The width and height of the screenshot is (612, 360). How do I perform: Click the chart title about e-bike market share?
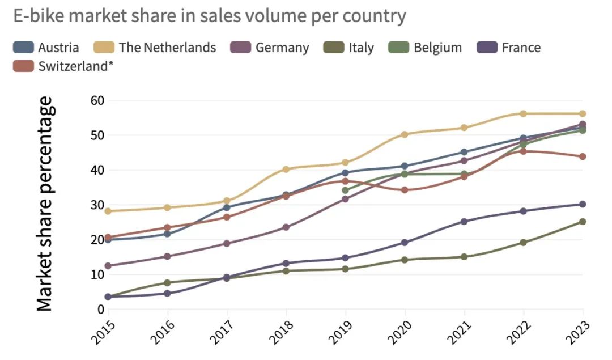210,16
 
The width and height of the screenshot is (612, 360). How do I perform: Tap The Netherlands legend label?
167,47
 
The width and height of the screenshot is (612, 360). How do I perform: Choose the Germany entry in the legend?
282,47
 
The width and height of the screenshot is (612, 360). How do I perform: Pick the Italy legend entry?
361,47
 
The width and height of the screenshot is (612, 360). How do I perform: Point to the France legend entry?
521,47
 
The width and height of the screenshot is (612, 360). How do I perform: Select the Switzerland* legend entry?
75,66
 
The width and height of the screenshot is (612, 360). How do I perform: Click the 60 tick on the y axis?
99,100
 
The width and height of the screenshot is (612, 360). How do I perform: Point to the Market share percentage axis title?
45,204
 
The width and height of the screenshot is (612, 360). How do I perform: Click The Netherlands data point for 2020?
405,134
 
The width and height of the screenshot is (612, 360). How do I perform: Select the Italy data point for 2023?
583,222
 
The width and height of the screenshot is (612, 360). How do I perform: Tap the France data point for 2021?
464,221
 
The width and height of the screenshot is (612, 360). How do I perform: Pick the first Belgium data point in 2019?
345,190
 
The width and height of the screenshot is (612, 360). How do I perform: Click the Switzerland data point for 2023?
583,156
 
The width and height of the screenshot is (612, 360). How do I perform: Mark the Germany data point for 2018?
286,227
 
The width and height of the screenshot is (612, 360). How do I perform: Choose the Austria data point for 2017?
227,207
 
